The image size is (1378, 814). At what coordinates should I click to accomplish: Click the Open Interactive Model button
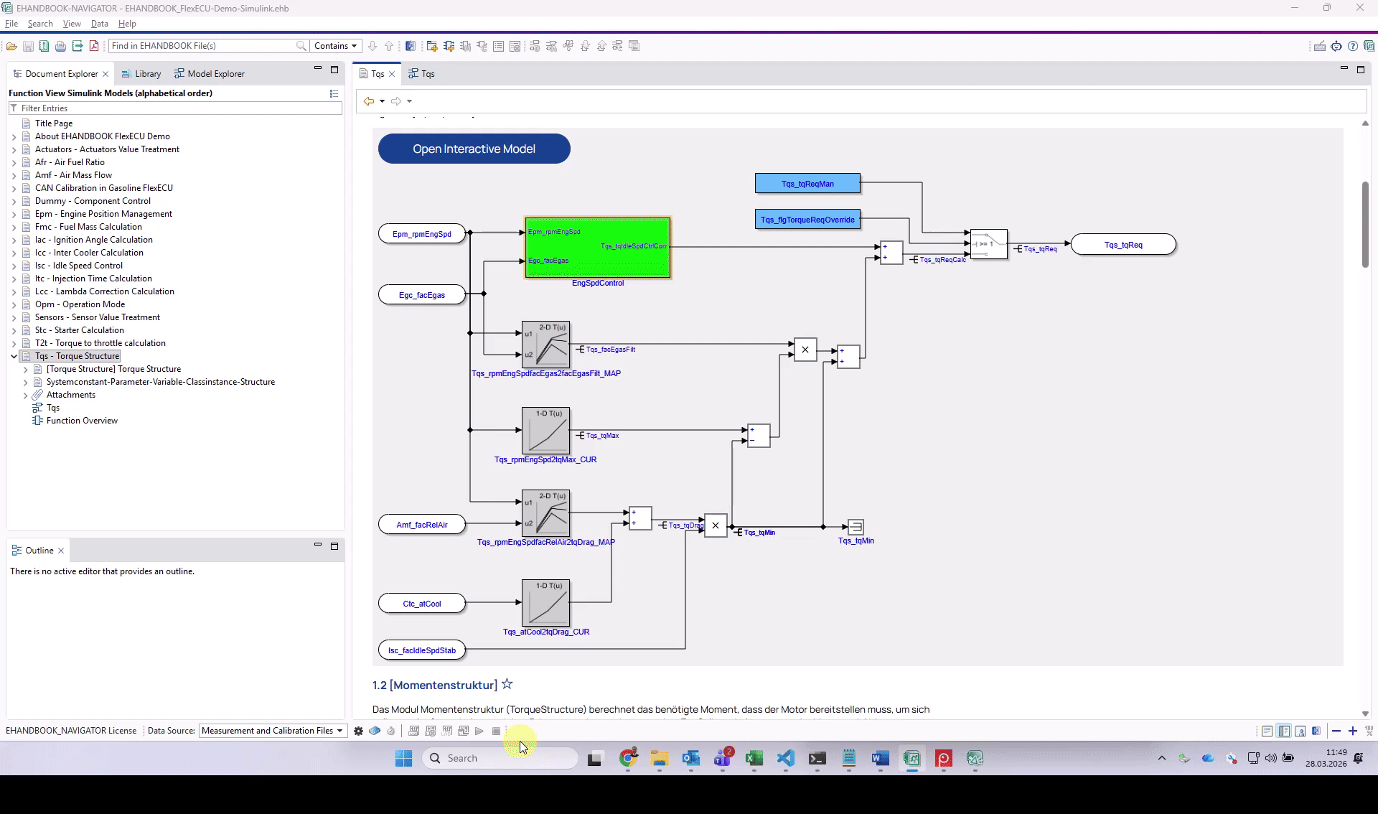(474, 149)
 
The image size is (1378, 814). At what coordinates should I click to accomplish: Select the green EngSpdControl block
(597, 248)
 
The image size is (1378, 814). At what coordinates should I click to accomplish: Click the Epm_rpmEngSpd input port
(421, 234)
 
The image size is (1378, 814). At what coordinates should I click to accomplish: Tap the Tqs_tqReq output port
(1122, 245)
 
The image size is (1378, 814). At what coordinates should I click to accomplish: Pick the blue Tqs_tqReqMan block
(807, 184)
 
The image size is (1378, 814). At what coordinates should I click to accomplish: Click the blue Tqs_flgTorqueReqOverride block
(807, 220)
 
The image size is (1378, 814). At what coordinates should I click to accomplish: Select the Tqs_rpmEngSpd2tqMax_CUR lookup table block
(545, 431)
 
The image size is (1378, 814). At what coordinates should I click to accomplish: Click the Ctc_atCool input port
(421, 604)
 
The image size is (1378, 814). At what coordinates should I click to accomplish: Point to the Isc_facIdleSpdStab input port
(421, 650)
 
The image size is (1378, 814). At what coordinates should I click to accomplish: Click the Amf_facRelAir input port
(421, 525)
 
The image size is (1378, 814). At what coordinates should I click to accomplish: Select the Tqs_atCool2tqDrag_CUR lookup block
(545, 603)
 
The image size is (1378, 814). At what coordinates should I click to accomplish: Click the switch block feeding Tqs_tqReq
(988, 244)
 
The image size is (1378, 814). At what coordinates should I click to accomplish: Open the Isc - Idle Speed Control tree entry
(80, 266)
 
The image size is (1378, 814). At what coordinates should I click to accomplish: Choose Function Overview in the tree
(82, 421)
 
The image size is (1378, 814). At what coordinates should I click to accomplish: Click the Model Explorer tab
(215, 74)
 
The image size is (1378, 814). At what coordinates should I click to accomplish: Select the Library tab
(147, 74)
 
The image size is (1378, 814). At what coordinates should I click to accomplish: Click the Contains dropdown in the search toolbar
(335, 46)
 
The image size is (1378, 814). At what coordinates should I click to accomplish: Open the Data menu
(99, 24)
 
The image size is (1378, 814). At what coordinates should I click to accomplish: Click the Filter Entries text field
(176, 108)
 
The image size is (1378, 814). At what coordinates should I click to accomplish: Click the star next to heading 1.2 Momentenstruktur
(507, 684)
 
